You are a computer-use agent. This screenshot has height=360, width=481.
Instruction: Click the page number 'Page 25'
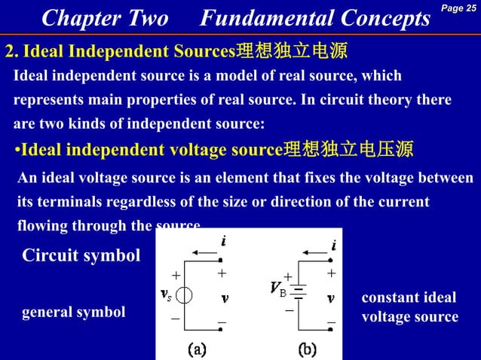(x=460, y=8)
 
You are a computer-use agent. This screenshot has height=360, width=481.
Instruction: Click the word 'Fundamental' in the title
(x=261, y=19)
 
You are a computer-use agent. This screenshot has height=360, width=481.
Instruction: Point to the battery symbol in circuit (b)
(x=299, y=291)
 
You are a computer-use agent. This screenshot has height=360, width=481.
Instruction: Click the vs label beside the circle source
(x=165, y=294)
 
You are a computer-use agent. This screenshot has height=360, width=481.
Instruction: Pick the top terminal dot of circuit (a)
(x=220, y=260)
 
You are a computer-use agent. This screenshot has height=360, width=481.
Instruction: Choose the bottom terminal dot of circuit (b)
(x=331, y=329)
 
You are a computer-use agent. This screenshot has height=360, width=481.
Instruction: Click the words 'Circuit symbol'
(x=81, y=256)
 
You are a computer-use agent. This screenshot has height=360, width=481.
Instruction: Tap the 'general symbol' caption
(x=74, y=312)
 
